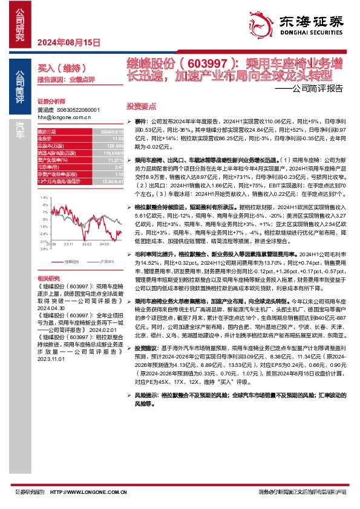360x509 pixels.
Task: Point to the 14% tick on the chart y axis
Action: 44,198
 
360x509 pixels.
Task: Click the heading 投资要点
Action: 141,105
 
